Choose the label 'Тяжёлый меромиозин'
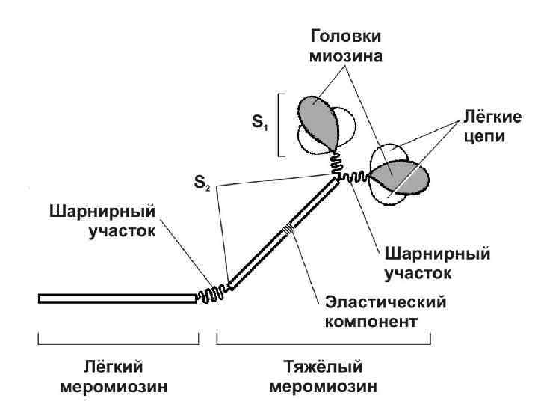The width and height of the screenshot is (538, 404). [324, 376]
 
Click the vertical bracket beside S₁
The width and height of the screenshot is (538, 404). [279, 125]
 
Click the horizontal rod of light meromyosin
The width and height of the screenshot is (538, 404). [116, 299]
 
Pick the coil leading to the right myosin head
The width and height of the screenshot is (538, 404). [355, 177]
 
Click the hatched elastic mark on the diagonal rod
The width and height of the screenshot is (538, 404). [288, 229]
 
